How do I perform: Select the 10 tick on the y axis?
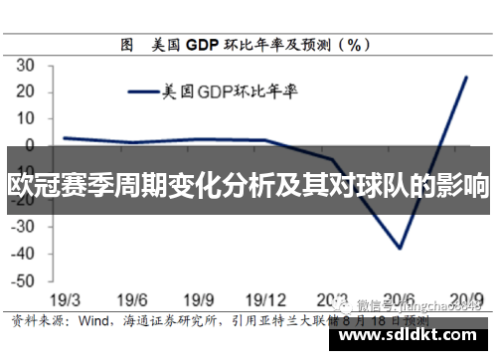click(25, 118)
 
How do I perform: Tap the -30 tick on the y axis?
click(22, 227)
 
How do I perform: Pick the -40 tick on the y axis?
click(22, 254)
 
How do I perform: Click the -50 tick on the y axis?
click(22, 280)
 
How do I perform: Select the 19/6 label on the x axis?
click(132, 300)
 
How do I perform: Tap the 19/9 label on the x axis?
click(200, 300)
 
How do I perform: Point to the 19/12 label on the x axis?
click(267, 300)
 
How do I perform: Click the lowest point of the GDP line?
click(401, 248)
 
